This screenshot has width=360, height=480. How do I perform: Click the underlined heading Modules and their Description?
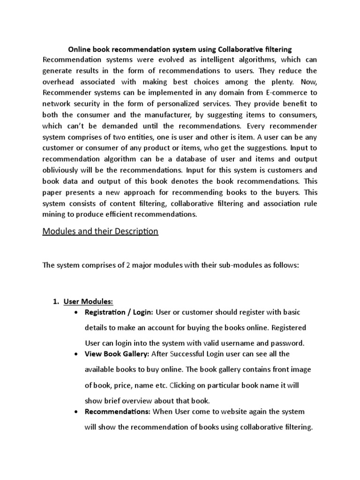coord(100,232)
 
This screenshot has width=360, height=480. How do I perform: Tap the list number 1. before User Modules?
coord(55,301)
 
